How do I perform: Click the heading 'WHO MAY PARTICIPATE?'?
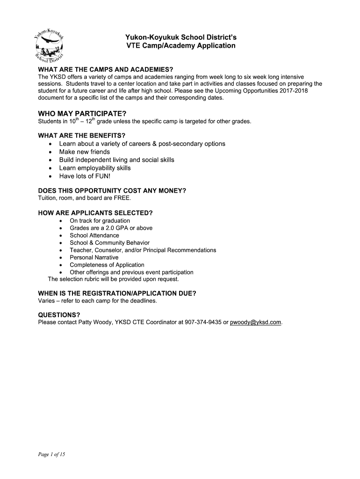82,114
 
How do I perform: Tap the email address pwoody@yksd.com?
256,322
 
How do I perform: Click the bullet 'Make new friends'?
85,152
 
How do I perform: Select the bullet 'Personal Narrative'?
94,257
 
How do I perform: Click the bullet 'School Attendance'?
94,235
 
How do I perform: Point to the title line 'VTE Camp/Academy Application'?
181,46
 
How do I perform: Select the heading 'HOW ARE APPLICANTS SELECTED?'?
95,213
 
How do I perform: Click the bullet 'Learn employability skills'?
95,168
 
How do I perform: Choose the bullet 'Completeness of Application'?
107,265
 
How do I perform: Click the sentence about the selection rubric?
114,279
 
